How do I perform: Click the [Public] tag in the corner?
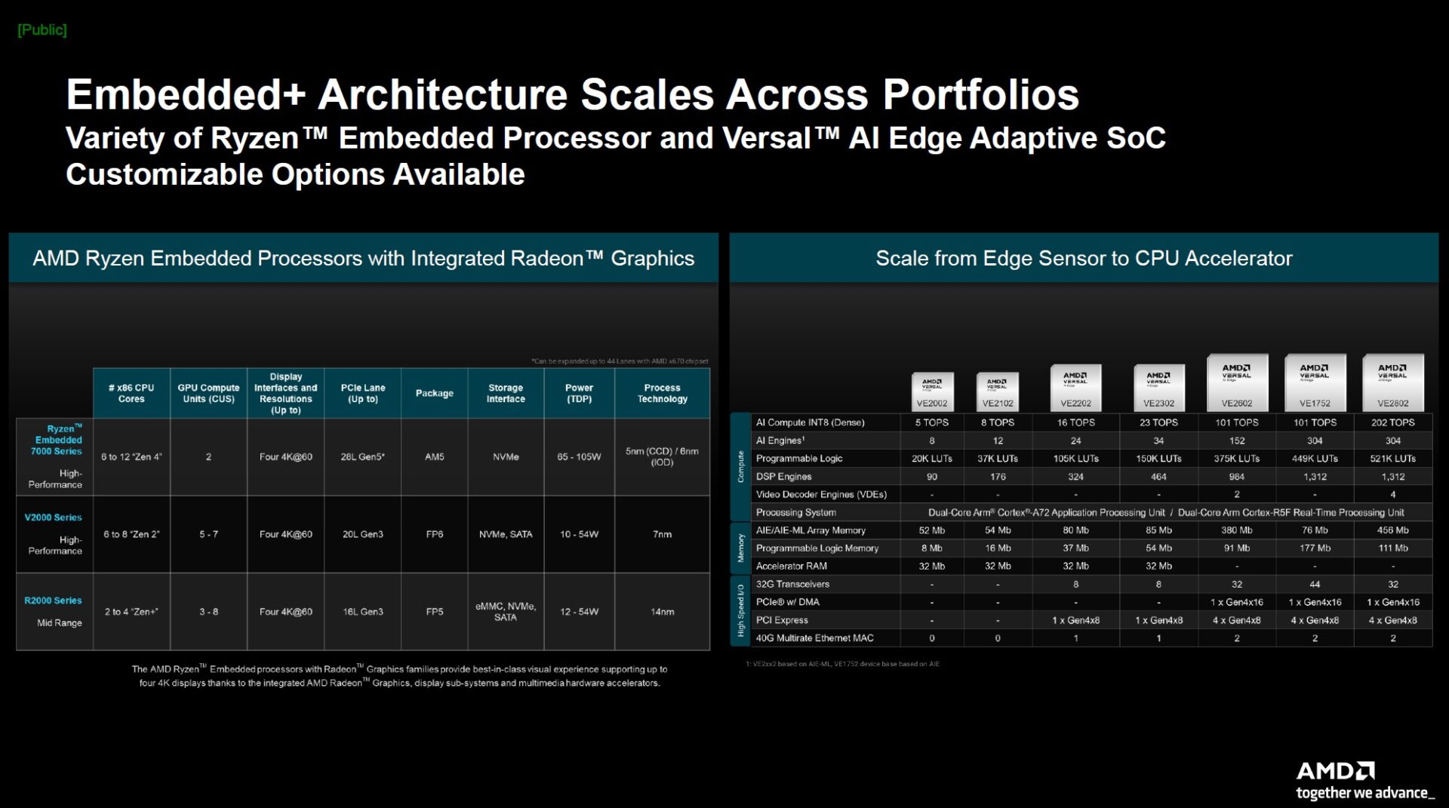coord(42,30)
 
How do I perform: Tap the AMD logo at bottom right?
coord(1336,771)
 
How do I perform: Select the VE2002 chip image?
coord(932,391)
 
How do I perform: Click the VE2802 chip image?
coord(1392,382)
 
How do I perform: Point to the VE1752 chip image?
coord(1315,382)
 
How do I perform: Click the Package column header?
coord(434,393)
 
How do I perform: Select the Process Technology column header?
coord(662,393)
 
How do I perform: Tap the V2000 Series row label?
coord(53,518)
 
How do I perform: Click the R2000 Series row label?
coord(53,601)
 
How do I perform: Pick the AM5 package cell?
coord(434,457)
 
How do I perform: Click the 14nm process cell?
coord(662,612)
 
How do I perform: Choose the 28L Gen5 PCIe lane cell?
coord(362,457)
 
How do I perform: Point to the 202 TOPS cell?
coord(1392,422)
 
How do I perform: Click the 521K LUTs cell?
coord(1392,459)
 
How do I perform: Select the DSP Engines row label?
coord(783,477)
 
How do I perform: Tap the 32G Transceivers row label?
coord(792,584)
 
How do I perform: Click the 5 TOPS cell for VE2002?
coord(932,422)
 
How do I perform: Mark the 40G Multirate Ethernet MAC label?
coord(814,638)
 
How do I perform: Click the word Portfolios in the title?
coord(980,95)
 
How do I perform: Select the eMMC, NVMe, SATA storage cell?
coord(505,612)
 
